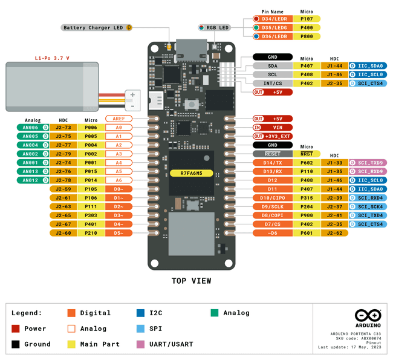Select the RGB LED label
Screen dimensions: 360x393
click(217, 28)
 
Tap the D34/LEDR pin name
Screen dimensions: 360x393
click(273, 19)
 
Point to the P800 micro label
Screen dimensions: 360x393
click(307, 36)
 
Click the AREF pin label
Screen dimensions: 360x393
click(119, 119)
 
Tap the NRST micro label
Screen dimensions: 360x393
click(307, 154)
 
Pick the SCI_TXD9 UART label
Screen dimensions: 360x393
click(371, 163)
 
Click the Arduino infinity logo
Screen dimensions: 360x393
click(368, 315)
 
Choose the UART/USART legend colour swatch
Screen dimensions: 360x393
click(140, 344)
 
